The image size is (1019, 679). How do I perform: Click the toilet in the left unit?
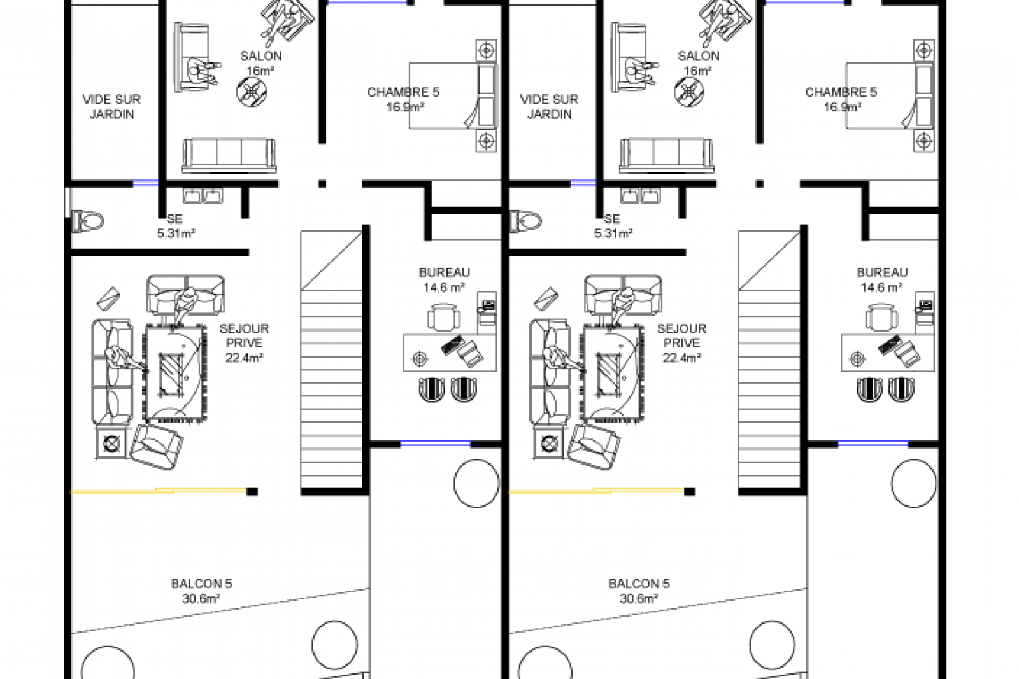[x=88, y=222]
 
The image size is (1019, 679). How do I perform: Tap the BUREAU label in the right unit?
[x=882, y=272]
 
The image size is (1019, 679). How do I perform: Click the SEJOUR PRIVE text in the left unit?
[x=245, y=335]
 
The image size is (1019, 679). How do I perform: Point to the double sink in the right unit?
[x=640, y=196]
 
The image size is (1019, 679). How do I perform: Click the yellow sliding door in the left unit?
[x=159, y=491]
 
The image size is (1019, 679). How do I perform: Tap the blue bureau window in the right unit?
[x=873, y=444]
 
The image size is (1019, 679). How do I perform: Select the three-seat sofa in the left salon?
[x=229, y=156]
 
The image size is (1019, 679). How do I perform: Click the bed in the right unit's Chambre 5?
[x=889, y=96]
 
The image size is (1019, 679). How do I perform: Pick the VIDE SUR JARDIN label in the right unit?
[x=549, y=107]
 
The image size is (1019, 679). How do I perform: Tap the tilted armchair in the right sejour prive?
[x=592, y=447]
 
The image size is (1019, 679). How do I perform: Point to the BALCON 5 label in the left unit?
[x=201, y=584]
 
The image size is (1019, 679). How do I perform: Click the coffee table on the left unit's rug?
[x=171, y=374]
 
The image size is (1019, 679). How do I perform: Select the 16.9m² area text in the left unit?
[x=405, y=108]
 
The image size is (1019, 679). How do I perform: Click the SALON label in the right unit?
[x=699, y=57]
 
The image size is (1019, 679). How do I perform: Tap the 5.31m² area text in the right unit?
[x=613, y=234]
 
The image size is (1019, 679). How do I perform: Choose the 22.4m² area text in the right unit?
[x=681, y=358]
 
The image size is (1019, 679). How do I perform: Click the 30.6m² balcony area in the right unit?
[x=639, y=599]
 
